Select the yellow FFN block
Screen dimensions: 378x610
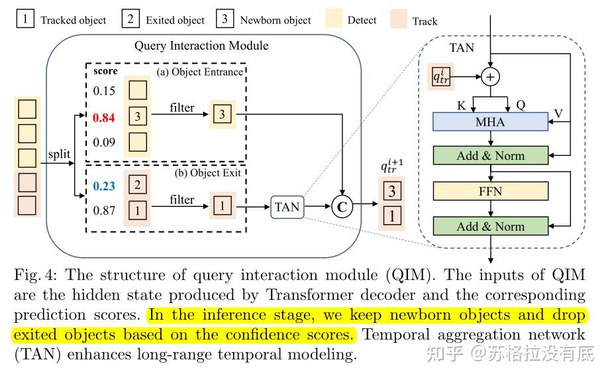pyautogui.click(x=490, y=192)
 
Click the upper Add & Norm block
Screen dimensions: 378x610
pyautogui.click(x=490, y=156)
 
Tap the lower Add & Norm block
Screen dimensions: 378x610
pyautogui.click(x=490, y=227)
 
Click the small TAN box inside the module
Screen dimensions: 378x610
pyautogui.click(x=287, y=207)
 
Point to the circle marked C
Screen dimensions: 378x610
pyautogui.click(x=342, y=207)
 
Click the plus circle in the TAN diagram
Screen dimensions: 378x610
pyautogui.click(x=490, y=78)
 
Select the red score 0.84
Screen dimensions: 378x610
pyautogui.click(x=103, y=117)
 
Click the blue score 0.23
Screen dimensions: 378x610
pyautogui.click(x=103, y=187)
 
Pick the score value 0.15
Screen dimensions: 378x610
pyautogui.click(x=103, y=90)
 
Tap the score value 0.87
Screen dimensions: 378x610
pyautogui.click(x=103, y=211)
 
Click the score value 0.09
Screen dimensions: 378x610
pyautogui.click(x=103, y=141)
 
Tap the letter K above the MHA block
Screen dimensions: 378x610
pyautogui.click(x=461, y=105)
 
